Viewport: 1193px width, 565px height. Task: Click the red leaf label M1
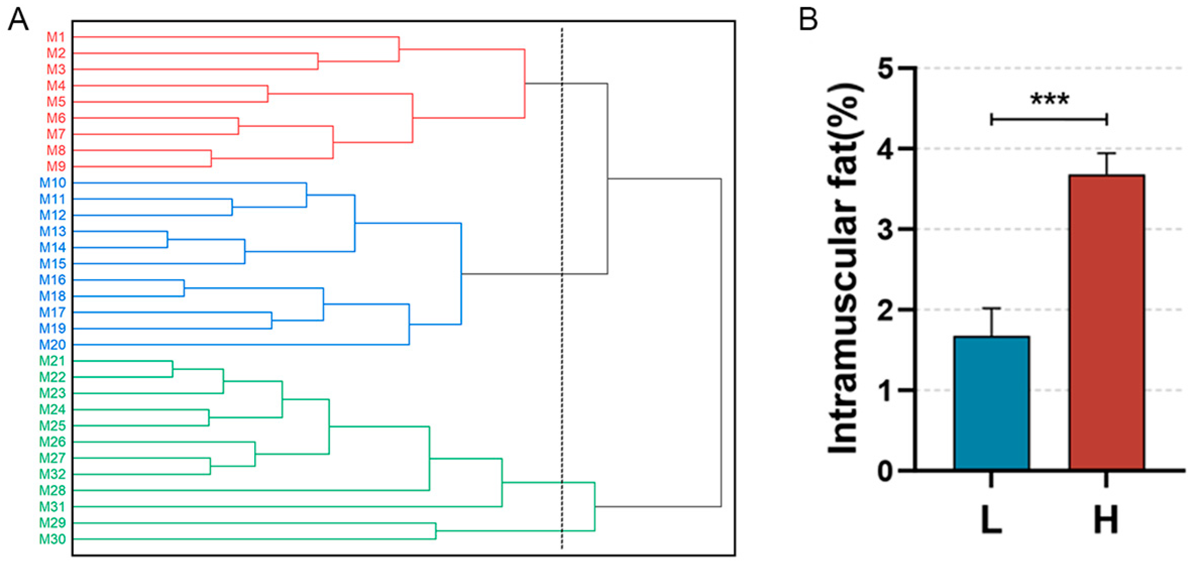56,37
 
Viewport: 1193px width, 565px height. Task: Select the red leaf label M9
56,166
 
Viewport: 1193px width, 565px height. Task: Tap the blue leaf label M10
53,182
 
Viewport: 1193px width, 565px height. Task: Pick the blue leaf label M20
53,345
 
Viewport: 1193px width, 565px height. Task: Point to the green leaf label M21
53,361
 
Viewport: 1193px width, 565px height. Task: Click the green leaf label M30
53,539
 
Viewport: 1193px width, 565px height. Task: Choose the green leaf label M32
53,474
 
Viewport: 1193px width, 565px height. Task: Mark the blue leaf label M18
53,296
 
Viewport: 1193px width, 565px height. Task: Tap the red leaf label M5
56,102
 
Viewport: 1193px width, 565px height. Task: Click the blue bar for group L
991,403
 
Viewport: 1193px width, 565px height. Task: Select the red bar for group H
1106,323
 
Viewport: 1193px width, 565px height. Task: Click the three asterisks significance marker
1049,99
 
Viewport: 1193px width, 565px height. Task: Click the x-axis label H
1106,521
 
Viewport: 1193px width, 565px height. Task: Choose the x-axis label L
991,521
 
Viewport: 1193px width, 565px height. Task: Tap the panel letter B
809,20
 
